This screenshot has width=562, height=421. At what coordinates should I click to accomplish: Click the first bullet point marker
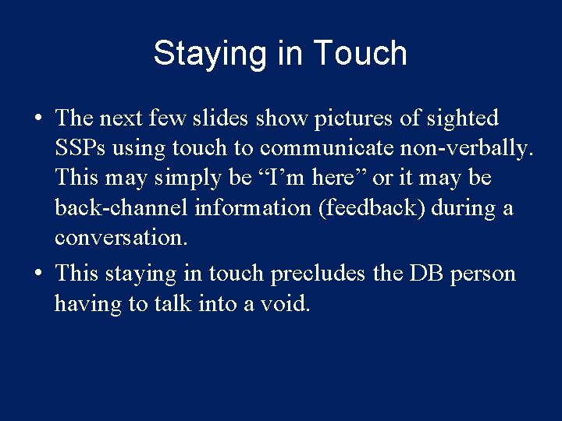pos(37,119)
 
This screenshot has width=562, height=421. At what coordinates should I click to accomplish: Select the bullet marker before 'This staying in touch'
pos(37,274)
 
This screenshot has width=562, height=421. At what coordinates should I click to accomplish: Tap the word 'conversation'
pos(120,238)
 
